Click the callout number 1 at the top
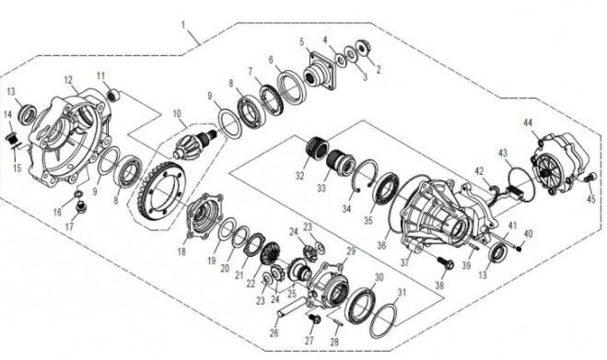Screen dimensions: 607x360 pos(183,25)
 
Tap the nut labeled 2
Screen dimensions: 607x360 pos(363,48)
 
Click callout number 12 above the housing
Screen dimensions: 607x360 pos(68,81)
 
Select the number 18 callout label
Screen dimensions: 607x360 pos(181,252)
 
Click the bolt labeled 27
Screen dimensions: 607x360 pos(313,319)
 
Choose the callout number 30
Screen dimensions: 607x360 pos(379,277)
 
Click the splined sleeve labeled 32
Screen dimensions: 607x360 pos(318,147)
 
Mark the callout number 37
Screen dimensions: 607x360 pos(405,262)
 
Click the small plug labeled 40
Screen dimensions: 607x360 pos(519,248)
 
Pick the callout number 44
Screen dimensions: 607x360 pos(528,123)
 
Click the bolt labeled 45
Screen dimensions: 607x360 pos(589,179)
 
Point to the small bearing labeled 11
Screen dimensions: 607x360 pos(112,95)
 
